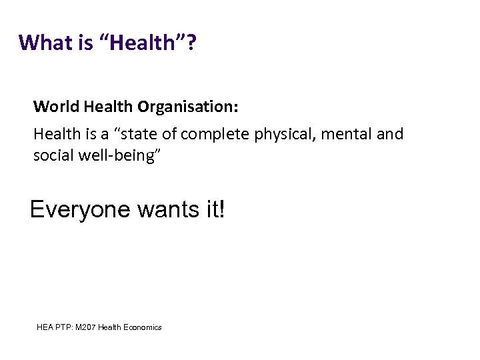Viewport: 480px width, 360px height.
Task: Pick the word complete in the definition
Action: click(x=212, y=134)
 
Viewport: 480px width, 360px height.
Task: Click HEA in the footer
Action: click(x=45, y=327)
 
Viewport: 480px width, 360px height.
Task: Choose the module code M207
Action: click(x=86, y=327)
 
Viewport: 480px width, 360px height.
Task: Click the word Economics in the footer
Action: click(x=141, y=327)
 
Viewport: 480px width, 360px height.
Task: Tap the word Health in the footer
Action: click(x=110, y=327)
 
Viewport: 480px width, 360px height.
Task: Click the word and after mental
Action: click(x=390, y=134)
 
